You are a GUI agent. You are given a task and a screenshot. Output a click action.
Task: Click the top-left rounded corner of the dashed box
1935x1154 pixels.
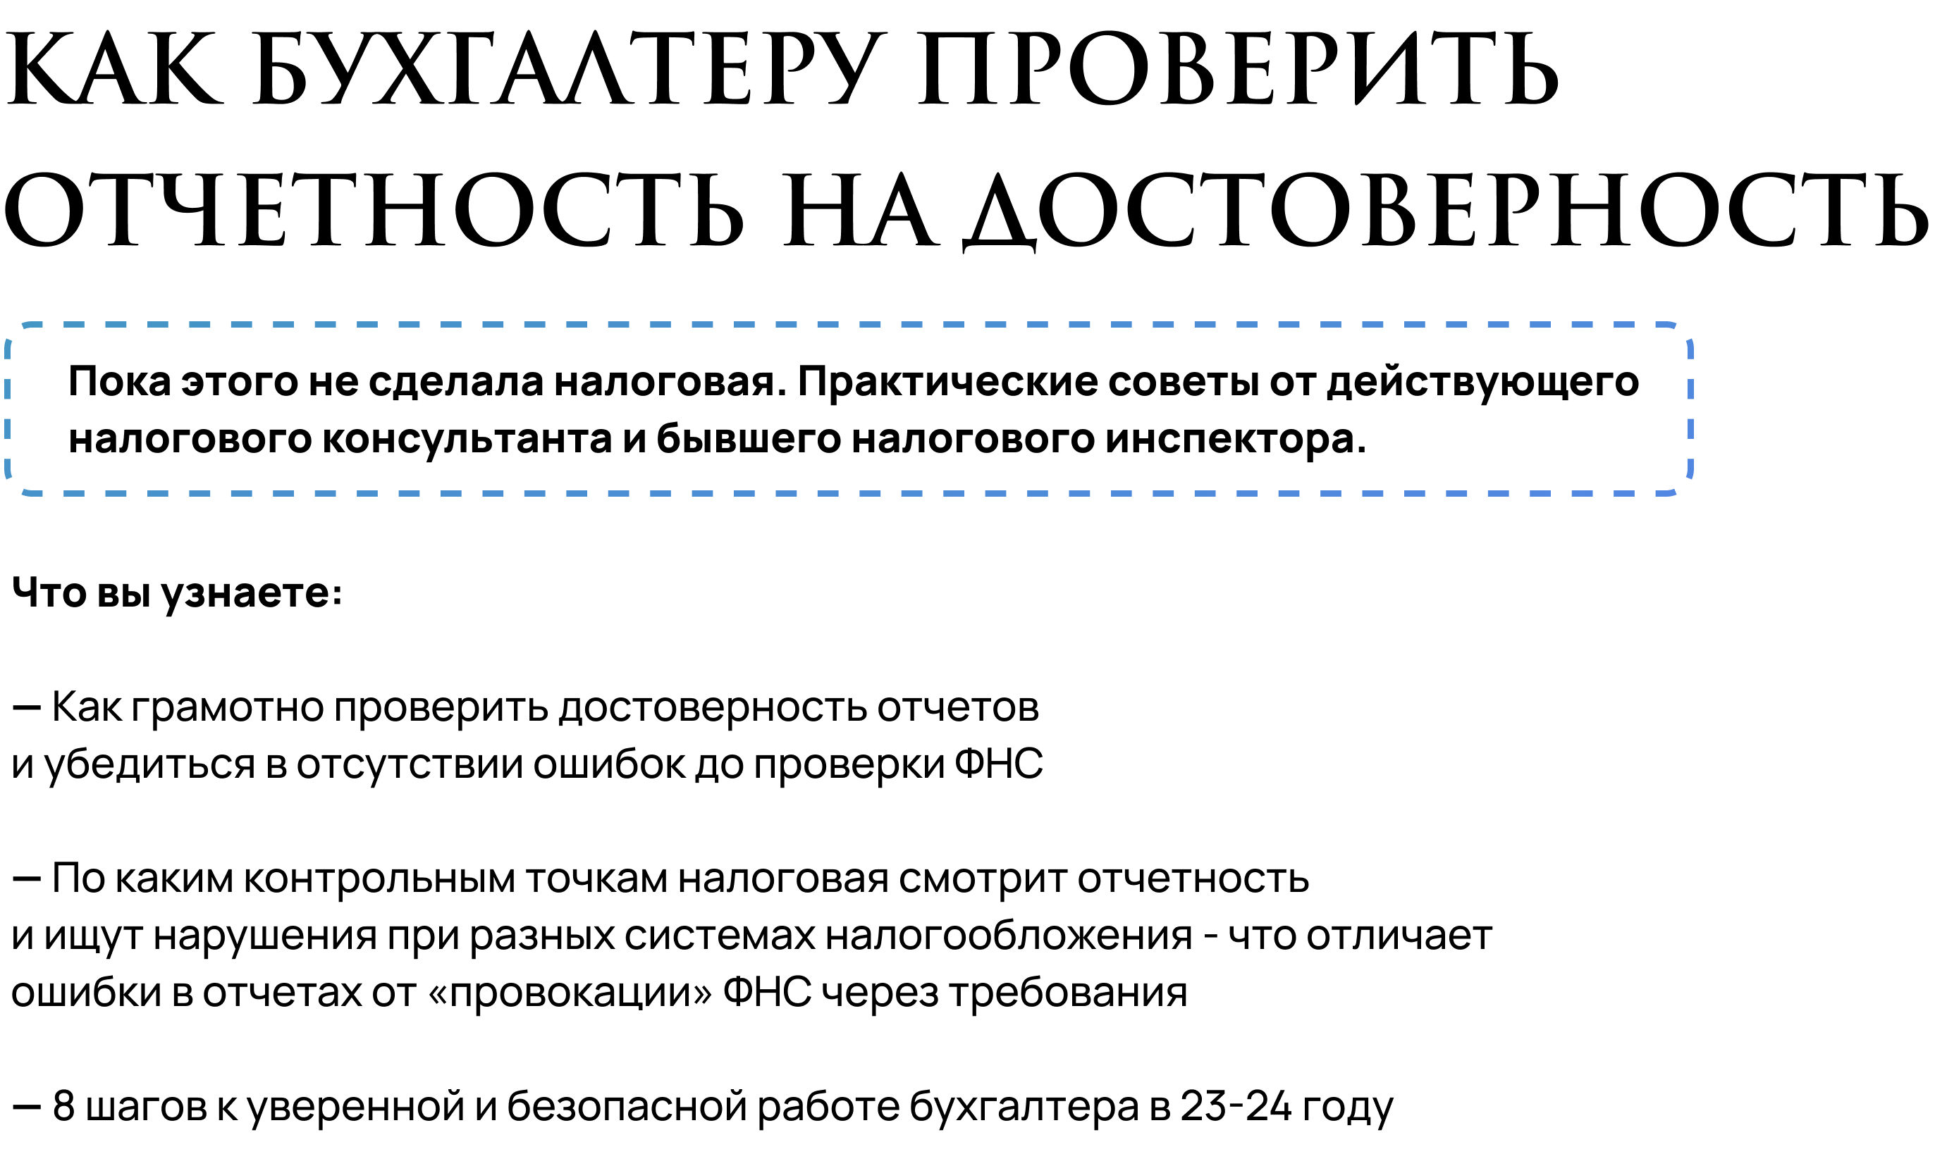coord(15,333)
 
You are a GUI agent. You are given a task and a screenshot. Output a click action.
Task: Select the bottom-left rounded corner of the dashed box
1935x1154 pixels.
coord(15,485)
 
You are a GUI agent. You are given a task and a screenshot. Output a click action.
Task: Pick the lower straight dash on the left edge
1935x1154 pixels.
coord(7,429)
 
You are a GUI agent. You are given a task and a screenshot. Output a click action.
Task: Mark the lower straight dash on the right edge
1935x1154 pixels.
coord(1690,429)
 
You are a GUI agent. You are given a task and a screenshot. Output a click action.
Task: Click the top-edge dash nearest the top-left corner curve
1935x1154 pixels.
coord(73,324)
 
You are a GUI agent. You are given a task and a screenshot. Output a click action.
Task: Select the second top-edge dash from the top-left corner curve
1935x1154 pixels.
coord(115,324)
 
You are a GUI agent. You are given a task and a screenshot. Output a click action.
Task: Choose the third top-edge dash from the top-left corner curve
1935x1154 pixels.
coord(157,324)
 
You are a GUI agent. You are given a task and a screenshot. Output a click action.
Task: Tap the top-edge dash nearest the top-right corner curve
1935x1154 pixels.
coord(1624,324)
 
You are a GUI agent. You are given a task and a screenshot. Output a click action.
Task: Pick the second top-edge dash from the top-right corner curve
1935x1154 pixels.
coord(1582,324)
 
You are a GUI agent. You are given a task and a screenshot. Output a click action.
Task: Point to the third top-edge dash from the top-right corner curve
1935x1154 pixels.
coord(1540,324)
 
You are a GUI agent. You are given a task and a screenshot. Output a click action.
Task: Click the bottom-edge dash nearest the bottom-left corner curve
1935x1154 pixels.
coord(73,493)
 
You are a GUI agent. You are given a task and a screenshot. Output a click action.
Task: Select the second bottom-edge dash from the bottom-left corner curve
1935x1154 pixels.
coord(115,493)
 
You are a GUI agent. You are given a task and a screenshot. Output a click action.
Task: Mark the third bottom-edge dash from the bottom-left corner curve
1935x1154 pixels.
coord(157,493)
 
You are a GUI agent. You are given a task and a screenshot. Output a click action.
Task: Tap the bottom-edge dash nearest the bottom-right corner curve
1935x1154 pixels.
coord(1624,493)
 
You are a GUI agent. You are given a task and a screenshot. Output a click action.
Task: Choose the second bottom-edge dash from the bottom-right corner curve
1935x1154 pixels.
coord(1582,493)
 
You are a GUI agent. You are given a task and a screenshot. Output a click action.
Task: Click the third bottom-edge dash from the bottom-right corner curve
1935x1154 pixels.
coord(1540,493)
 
